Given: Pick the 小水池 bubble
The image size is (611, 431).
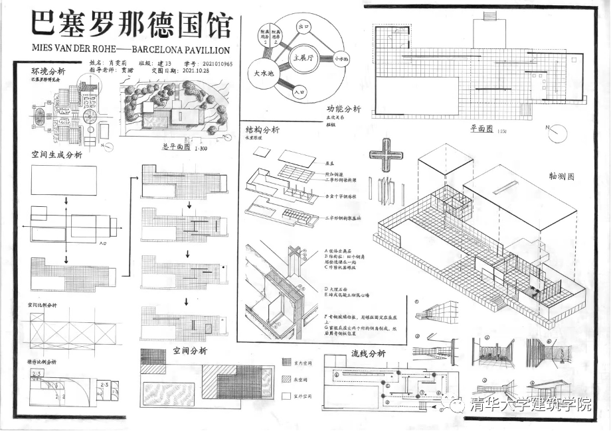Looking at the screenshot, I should click(342, 59).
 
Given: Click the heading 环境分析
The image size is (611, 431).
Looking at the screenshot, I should click(48, 71).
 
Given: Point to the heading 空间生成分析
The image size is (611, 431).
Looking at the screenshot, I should click(57, 154).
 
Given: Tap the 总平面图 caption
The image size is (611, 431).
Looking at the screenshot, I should click(176, 147).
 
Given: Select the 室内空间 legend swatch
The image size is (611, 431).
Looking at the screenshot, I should click(286, 361).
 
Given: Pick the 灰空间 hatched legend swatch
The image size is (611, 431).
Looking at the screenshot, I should click(286, 379).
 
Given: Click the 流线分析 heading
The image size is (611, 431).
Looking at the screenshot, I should click(368, 353).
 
